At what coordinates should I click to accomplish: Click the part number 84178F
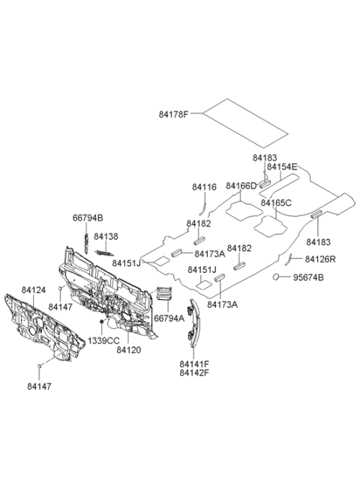pyautogui.click(x=173, y=114)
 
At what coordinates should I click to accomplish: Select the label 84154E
pyautogui.click(x=282, y=167)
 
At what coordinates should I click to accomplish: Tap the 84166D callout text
pyautogui.click(x=241, y=186)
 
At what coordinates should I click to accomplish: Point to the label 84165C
pyautogui.click(x=276, y=203)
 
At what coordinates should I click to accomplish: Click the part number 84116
pyautogui.click(x=204, y=187)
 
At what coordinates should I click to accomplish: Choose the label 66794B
pyautogui.click(x=88, y=217)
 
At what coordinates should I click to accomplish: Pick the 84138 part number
pyautogui.click(x=106, y=236)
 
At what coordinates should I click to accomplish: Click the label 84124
pyautogui.click(x=34, y=290)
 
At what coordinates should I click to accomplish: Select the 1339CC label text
pyautogui.click(x=103, y=340)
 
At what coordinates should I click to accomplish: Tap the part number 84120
pyautogui.click(x=129, y=350)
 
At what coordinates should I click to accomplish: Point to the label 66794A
pyautogui.click(x=169, y=319)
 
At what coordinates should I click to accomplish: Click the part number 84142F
pyautogui.click(x=194, y=373)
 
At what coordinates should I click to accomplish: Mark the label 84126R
pyautogui.click(x=320, y=259)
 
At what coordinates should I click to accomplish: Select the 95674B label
pyautogui.click(x=308, y=277)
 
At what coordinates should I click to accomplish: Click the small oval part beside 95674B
pyautogui.click(x=276, y=277)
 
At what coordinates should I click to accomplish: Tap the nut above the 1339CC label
pyautogui.click(x=102, y=322)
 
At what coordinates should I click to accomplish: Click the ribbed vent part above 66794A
pyautogui.click(x=163, y=293)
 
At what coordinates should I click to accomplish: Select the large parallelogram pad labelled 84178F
pyautogui.click(x=245, y=123)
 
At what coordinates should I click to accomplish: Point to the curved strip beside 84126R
pyautogui.click(x=289, y=259)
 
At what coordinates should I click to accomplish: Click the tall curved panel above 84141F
pyautogui.click(x=194, y=322)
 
